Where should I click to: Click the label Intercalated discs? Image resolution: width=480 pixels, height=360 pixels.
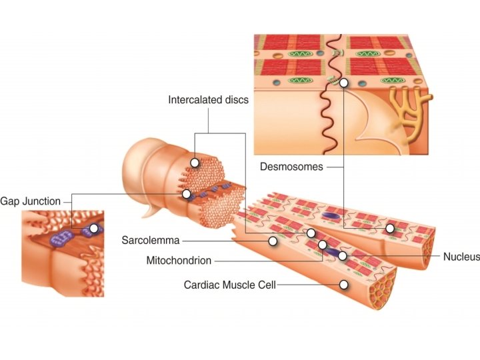pyautogui.click(x=208, y=100)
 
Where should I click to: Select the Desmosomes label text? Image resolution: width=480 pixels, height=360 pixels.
pyautogui.click(x=291, y=167)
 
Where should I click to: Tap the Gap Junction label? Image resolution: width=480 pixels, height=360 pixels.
pyautogui.click(x=30, y=201)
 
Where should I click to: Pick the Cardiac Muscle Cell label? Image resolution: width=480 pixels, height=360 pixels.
pyautogui.click(x=229, y=285)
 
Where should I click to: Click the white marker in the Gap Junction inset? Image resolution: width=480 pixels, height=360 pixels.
pyautogui.click(x=94, y=228)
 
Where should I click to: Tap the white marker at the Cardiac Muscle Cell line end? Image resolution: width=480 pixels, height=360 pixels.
pyautogui.click(x=344, y=285)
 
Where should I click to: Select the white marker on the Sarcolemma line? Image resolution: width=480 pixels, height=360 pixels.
pyautogui.click(x=272, y=240)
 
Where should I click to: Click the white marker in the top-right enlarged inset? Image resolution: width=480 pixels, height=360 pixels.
pyautogui.click(x=343, y=83)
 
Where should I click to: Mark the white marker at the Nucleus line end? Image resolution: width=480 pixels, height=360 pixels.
pyautogui.click(x=342, y=256)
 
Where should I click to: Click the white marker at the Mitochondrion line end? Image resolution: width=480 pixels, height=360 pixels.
pyautogui.click(x=323, y=245)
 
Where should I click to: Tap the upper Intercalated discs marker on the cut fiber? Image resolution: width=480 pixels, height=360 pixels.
pyautogui.click(x=195, y=162)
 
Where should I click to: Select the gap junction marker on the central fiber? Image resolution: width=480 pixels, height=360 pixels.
pyautogui.click(x=187, y=194)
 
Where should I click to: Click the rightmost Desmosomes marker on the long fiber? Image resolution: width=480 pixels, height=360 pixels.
pyautogui.click(x=390, y=229)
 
